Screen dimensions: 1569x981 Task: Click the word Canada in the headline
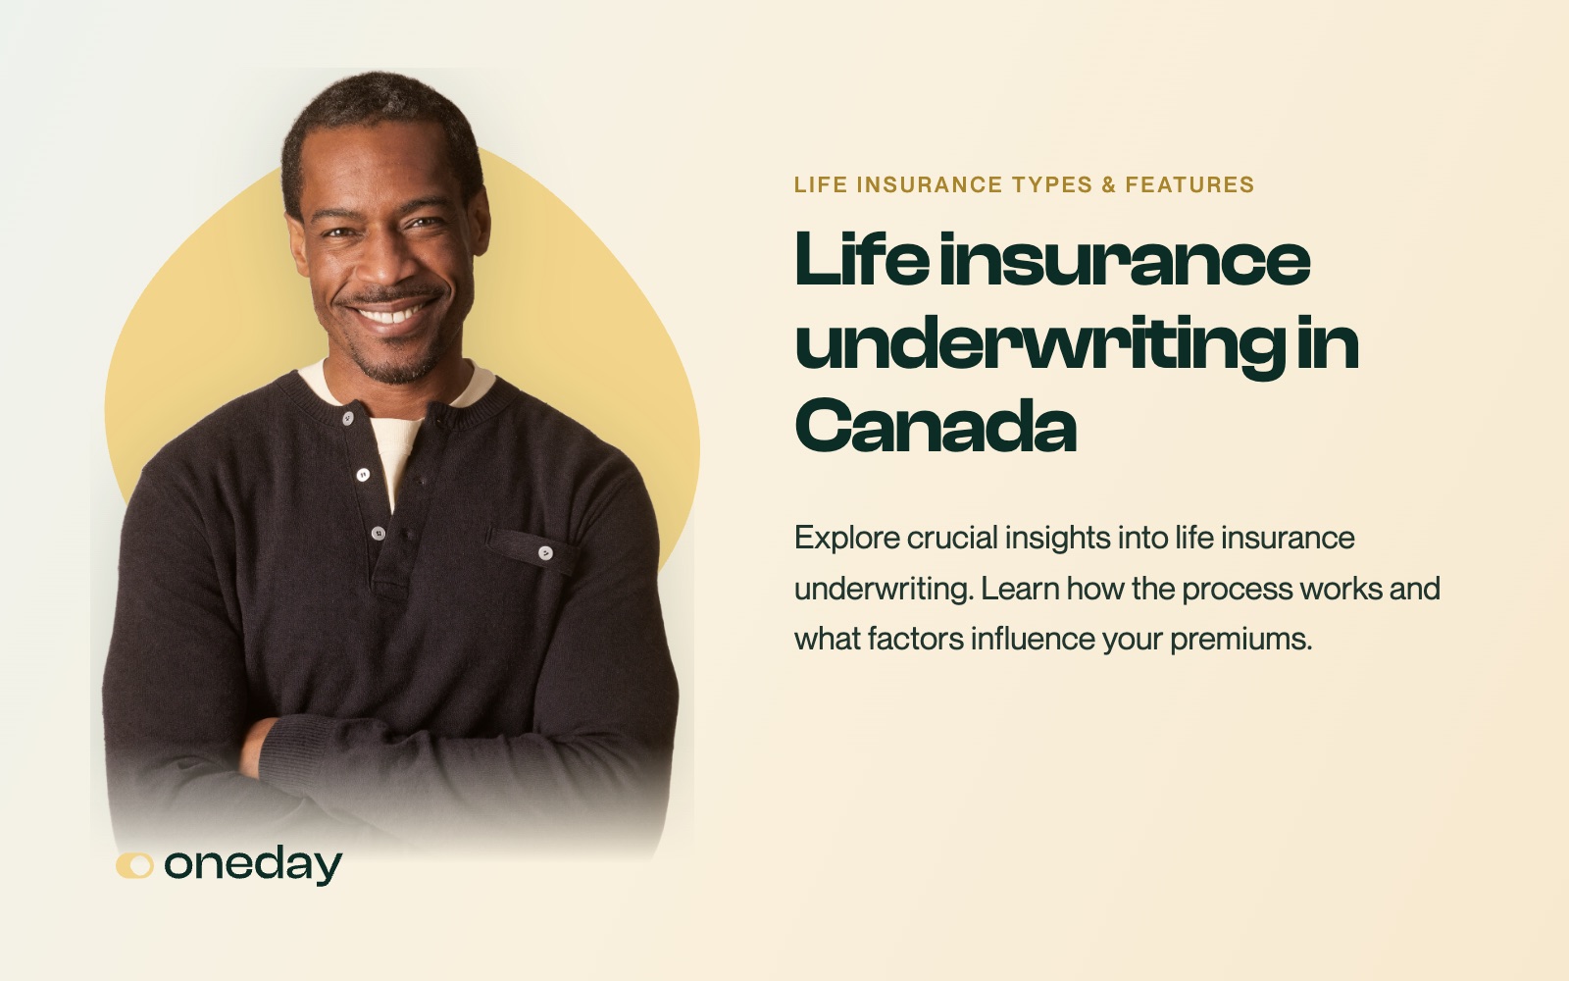(x=936, y=426)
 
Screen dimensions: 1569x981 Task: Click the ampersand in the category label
(x=1109, y=184)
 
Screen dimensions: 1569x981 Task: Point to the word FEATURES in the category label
(x=1189, y=184)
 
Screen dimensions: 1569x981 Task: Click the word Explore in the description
(x=847, y=539)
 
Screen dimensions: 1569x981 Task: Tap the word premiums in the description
(x=1240, y=639)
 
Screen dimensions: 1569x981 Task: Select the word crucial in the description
(x=952, y=539)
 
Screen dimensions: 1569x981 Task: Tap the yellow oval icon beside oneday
(x=134, y=865)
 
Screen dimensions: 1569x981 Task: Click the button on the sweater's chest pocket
(x=545, y=553)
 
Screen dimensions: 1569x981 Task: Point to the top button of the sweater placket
(x=347, y=419)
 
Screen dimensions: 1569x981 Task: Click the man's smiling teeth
(x=391, y=313)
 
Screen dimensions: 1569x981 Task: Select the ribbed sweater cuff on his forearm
(x=294, y=755)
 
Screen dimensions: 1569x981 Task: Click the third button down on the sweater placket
(x=379, y=534)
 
